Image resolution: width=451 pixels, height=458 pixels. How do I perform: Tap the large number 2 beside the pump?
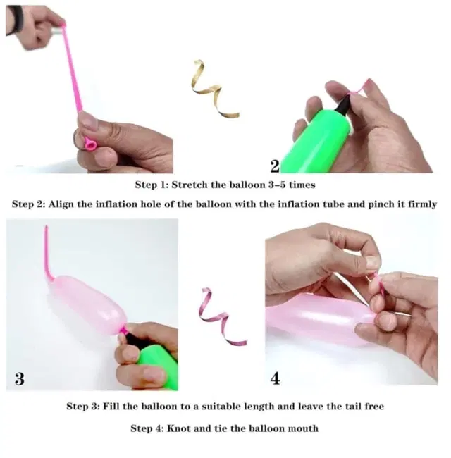tap(275, 166)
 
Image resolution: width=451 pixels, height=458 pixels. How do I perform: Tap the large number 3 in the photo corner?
tap(20, 378)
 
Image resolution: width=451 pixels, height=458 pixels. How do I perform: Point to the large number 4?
tap(275, 378)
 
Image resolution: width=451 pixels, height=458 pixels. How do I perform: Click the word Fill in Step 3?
tap(111, 407)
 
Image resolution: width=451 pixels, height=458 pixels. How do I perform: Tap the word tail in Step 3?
tap(354, 407)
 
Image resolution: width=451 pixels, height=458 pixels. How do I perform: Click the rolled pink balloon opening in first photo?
tap(90, 144)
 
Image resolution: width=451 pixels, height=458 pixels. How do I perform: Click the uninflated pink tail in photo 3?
tap(48, 254)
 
